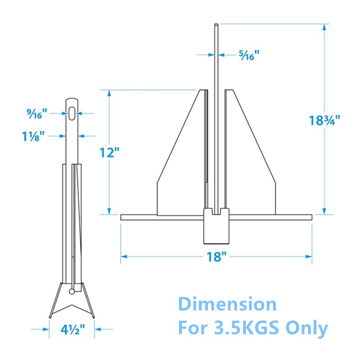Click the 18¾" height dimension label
click(324, 121)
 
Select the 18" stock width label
click(216, 257)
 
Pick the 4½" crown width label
click(72, 330)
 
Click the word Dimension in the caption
click(227, 304)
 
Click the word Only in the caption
click(306, 328)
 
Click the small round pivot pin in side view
click(72, 292)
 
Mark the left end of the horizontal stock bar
click(122, 217)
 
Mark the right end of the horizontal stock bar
click(310, 217)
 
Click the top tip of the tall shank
click(216, 25)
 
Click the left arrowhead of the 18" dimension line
click(123, 256)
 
